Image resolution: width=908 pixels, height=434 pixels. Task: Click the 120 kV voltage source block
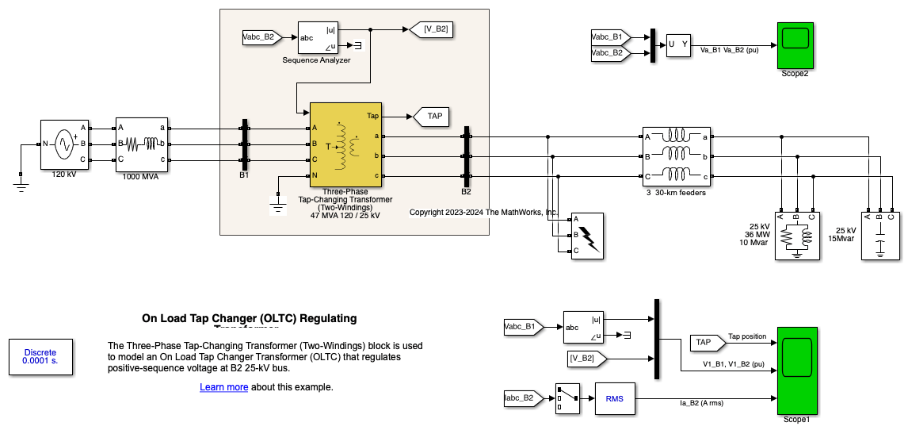[64, 144]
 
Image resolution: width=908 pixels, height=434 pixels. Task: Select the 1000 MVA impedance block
[143, 144]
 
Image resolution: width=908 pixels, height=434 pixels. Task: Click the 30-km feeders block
[674, 156]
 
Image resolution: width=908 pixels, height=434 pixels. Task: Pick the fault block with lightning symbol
[586, 235]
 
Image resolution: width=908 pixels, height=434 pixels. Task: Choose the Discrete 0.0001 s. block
[40, 356]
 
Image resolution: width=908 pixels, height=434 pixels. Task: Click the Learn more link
[223, 387]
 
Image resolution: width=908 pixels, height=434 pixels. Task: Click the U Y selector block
[678, 45]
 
